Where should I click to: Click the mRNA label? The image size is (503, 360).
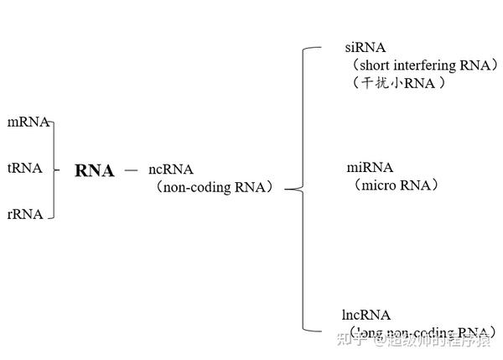click(x=28, y=123)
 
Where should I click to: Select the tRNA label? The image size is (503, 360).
click(x=25, y=168)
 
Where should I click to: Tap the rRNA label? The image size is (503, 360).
click(x=25, y=214)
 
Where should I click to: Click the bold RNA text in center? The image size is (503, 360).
click(x=94, y=171)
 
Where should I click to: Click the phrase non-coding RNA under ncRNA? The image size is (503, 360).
click(x=215, y=188)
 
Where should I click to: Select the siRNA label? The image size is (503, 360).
click(x=366, y=48)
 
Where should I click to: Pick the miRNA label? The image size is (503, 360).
click(x=370, y=168)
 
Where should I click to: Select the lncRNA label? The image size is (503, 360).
click(x=366, y=316)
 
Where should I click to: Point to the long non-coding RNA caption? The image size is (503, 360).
click(x=419, y=333)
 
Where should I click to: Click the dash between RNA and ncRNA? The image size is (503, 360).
click(x=131, y=170)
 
